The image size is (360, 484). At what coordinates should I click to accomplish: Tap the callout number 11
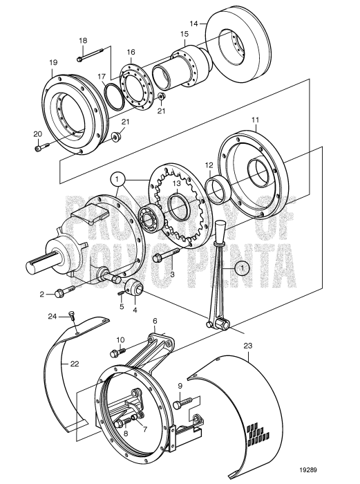(x=254, y=120)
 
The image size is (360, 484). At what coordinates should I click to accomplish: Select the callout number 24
(x=52, y=317)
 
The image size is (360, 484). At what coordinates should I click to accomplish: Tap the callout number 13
(x=176, y=183)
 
